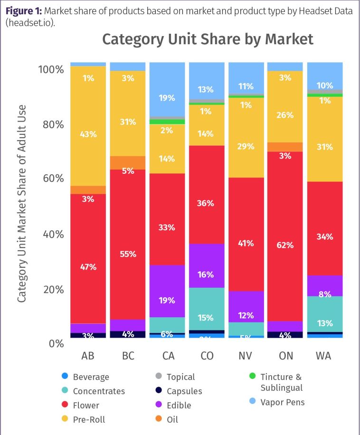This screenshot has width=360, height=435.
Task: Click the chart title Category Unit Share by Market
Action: tap(208, 39)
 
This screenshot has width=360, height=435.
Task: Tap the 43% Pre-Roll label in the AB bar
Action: tap(88, 134)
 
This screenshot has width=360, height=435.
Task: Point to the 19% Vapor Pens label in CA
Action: tap(167, 98)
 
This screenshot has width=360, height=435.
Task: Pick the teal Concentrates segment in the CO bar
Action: tap(207, 309)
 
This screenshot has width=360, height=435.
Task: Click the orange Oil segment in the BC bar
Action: tap(128, 162)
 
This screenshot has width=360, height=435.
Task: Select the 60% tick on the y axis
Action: tap(50, 179)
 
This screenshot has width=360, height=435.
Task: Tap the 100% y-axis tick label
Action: tap(50, 70)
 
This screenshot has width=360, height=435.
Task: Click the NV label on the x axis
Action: tap(246, 356)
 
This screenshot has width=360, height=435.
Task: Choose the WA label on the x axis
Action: tap(325, 356)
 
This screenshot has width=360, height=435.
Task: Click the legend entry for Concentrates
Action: tap(99, 391)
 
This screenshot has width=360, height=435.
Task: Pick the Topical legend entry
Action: tap(180, 377)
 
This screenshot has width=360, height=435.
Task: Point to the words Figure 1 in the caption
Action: tap(22, 11)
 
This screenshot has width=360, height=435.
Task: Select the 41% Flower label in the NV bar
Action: tap(246, 244)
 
